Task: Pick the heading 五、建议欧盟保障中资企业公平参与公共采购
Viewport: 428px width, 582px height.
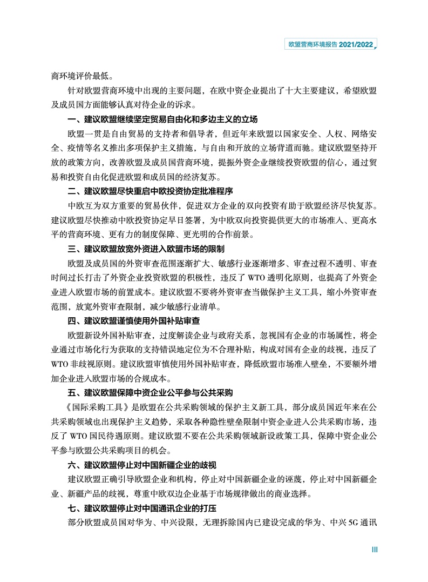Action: coord(150,392)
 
